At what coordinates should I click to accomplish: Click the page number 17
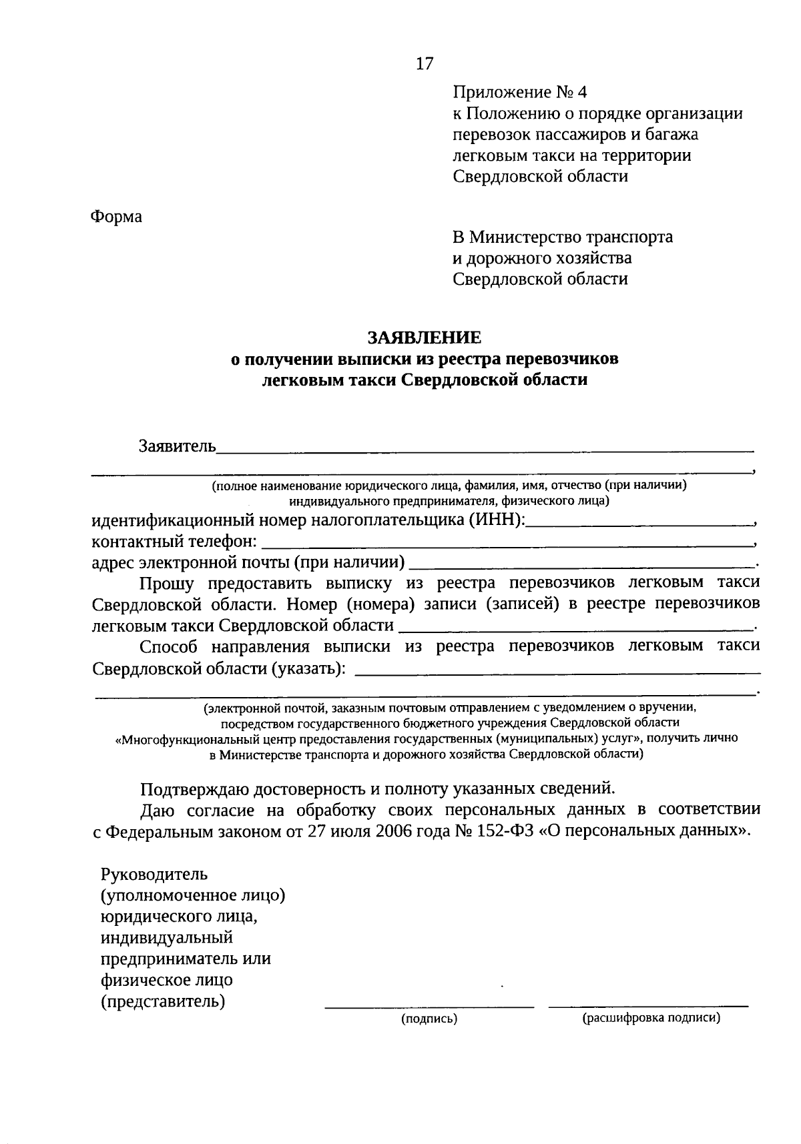(425, 64)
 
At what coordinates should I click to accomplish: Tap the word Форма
(117, 217)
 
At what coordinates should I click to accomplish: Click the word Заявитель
(177, 446)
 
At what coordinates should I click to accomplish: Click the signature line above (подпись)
(429, 1006)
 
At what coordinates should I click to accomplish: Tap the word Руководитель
(154, 873)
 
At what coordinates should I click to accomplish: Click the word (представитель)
(163, 1001)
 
